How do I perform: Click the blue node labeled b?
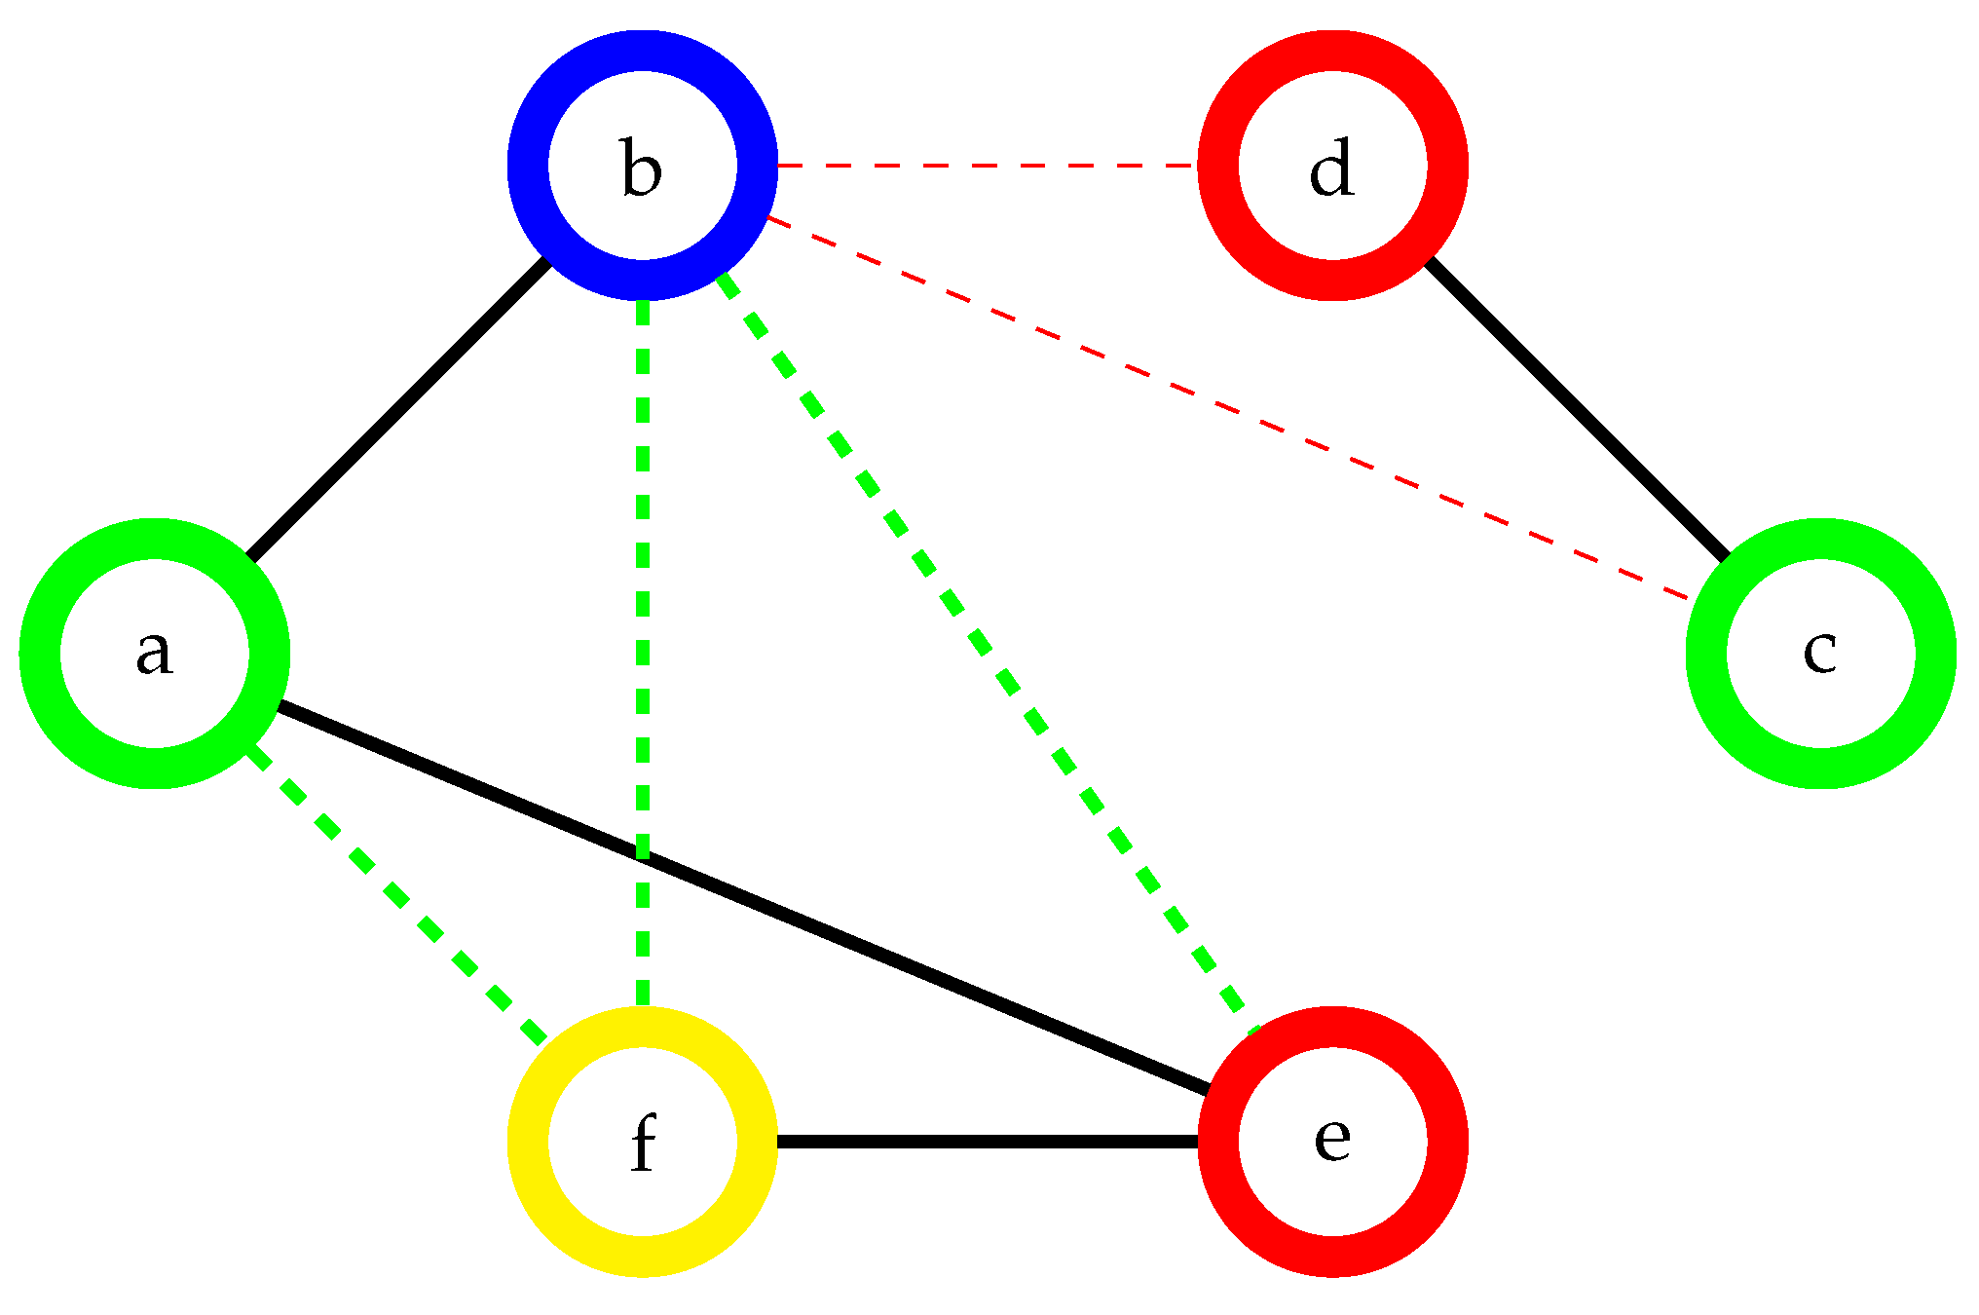tap(642, 166)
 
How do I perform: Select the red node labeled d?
tap(1331, 166)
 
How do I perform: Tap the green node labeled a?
tap(155, 653)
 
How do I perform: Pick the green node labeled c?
tap(1820, 653)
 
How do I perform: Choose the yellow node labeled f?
tap(642, 1141)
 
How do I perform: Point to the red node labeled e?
tap(1331, 1141)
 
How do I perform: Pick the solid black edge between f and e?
tap(987, 1141)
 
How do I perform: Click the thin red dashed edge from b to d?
tap(987, 166)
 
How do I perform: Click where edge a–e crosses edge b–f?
tap(642, 856)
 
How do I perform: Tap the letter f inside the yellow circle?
tap(642, 1143)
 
